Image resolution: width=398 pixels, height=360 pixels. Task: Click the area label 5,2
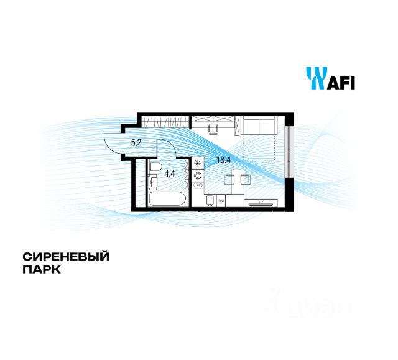(135, 143)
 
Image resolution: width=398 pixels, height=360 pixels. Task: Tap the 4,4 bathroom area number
(169, 174)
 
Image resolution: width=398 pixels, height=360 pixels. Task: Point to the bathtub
(166, 200)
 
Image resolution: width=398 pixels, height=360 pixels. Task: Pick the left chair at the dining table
(229, 180)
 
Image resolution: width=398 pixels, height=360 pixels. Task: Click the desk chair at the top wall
(213, 128)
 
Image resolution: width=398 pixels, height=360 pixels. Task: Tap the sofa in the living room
(258, 126)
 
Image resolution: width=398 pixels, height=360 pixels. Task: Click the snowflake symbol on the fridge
(198, 164)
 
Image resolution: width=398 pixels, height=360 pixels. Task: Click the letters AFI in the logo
(340, 81)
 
